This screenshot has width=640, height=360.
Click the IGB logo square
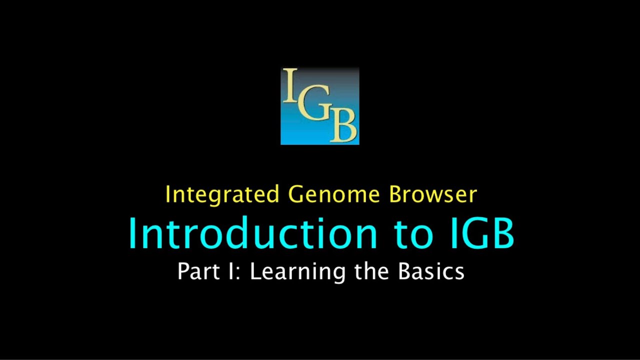(320, 106)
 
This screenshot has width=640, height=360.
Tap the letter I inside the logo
(289, 85)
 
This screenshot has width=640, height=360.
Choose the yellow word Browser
(433, 194)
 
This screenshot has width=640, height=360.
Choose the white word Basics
(431, 271)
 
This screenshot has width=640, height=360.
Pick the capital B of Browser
(396, 194)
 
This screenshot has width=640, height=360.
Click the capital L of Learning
(255, 271)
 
